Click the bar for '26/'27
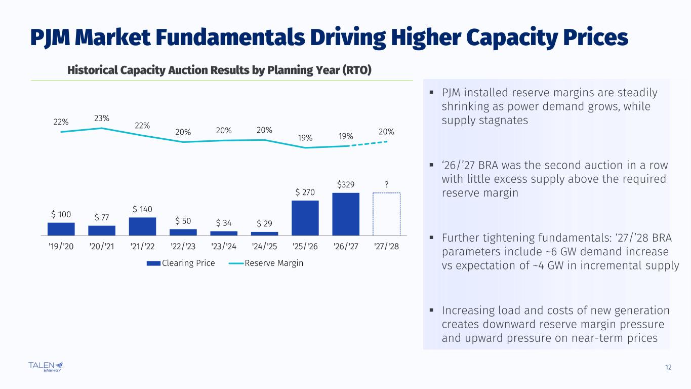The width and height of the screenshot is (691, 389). point(346,214)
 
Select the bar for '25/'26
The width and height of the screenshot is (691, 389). point(305,218)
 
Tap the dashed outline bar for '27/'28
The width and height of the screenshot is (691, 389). point(386,214)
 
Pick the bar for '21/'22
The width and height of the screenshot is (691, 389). point(142,226)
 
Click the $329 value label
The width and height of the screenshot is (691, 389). point(346,184)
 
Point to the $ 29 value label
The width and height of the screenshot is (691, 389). point(264,224)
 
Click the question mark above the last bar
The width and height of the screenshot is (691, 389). point(387,184)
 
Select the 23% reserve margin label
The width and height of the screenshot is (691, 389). point(102,118)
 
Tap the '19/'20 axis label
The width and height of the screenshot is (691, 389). point(61,247)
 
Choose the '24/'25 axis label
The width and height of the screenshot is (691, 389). point(264,247)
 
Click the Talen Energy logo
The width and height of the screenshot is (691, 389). point(46,366)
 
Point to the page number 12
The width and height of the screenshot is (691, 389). point(668,367)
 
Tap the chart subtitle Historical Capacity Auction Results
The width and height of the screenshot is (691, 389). point(219,70)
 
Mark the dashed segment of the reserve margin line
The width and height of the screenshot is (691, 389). point(368,143)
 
